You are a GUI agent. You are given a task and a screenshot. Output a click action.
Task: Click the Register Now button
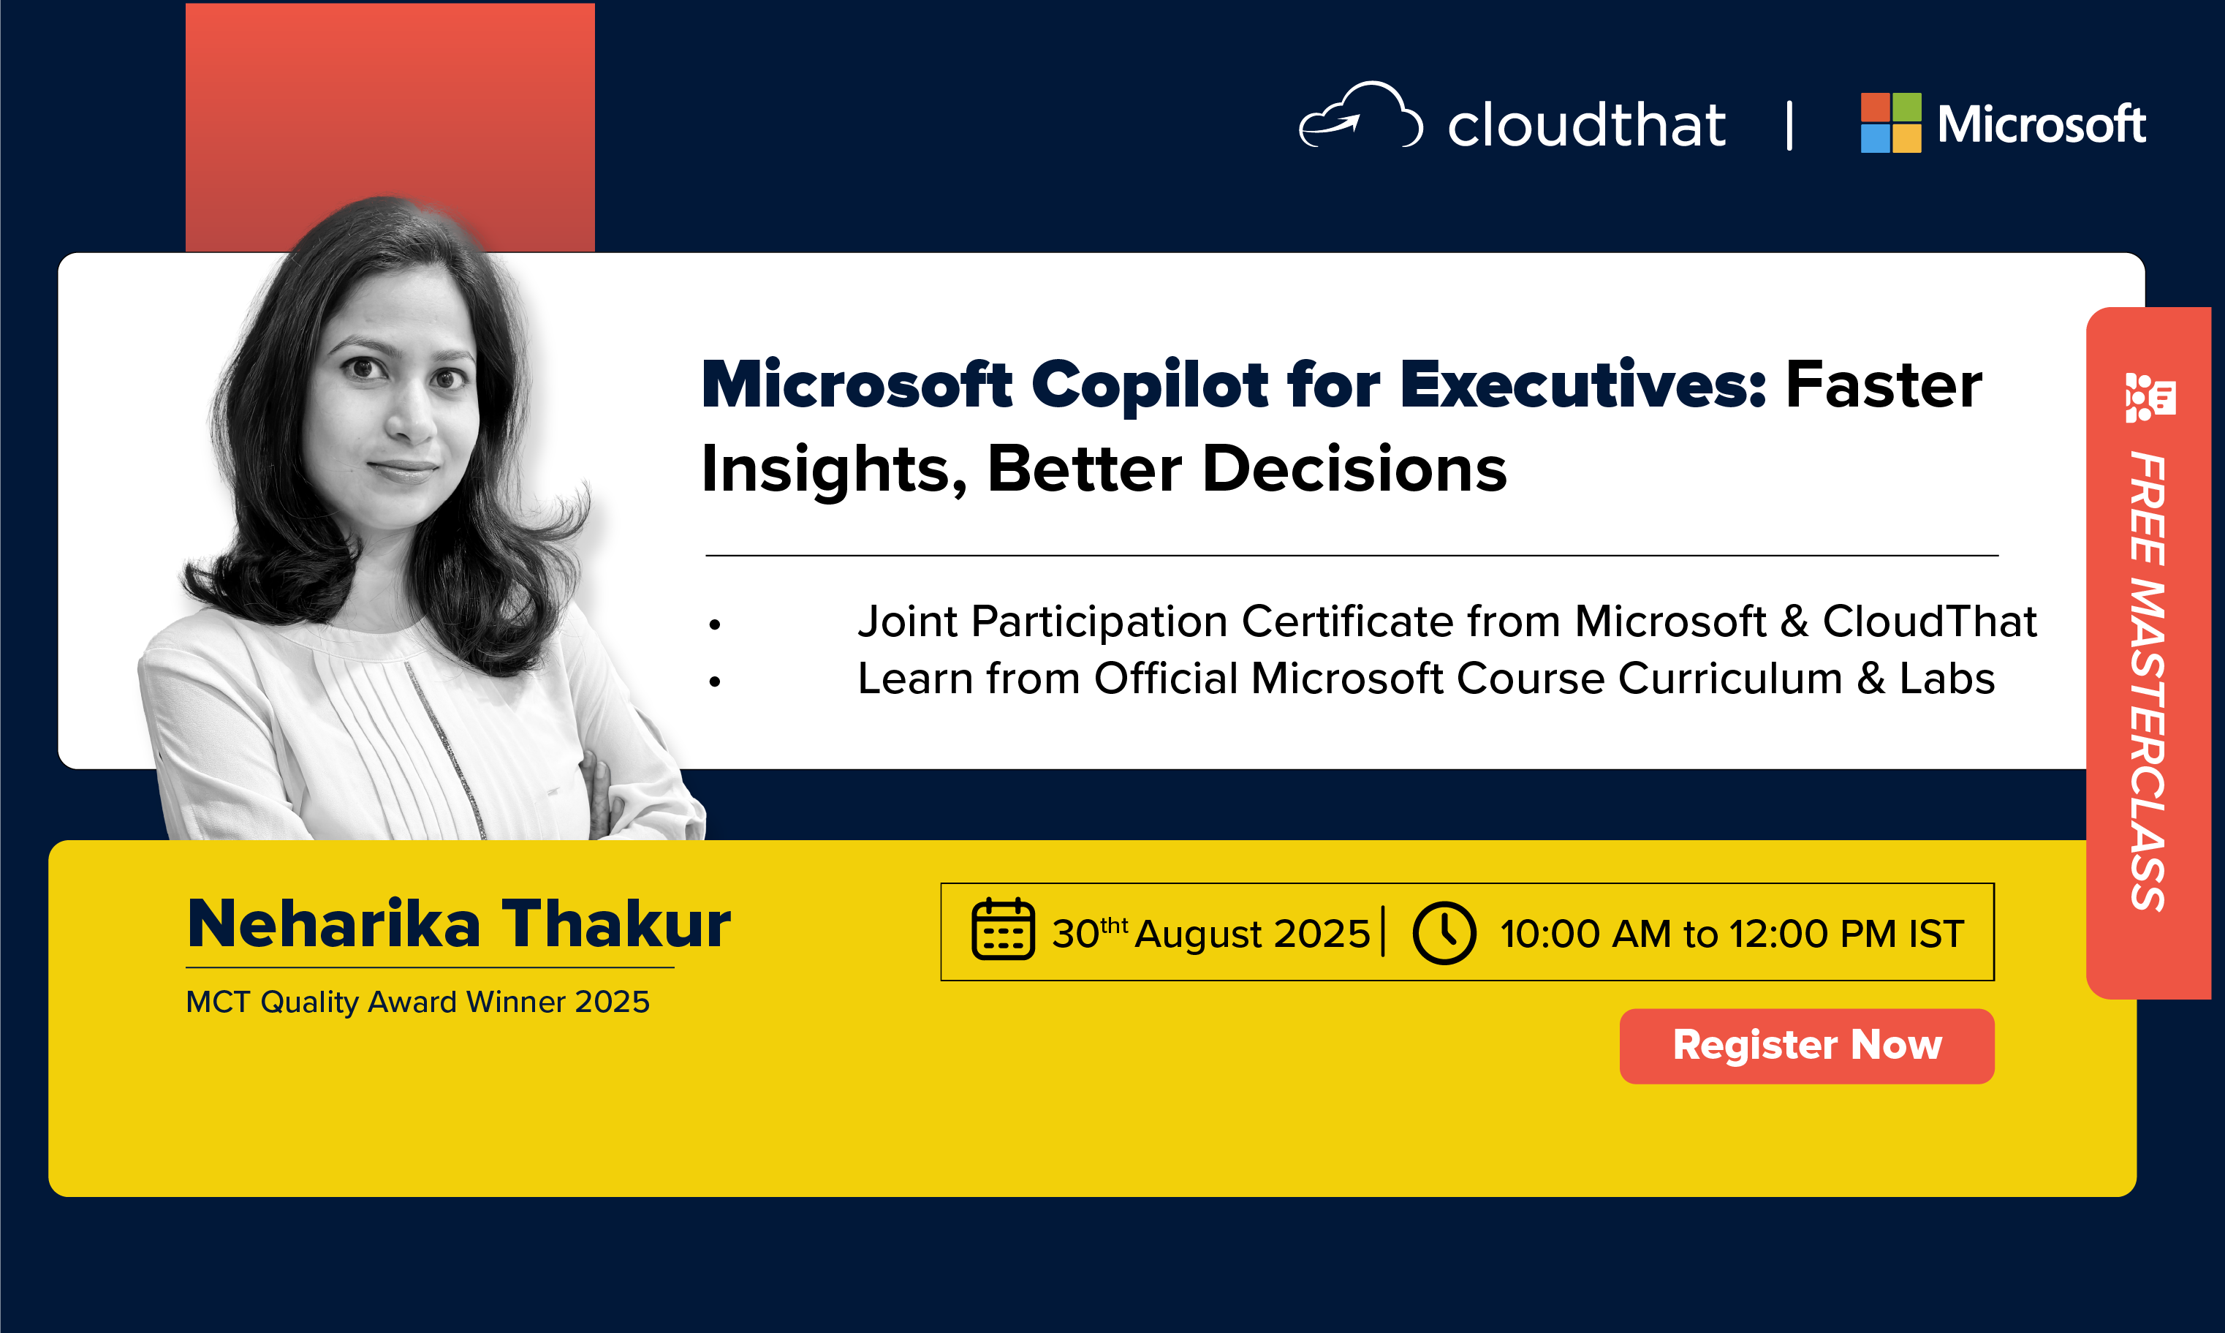(1807, 1046)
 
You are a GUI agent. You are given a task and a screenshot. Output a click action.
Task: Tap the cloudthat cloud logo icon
(1361, 115)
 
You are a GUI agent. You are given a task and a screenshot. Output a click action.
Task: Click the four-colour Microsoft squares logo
(1891, 123)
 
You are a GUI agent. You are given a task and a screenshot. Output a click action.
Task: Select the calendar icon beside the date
(1003, 929)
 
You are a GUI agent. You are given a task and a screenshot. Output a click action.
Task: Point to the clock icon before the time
(1444, 933)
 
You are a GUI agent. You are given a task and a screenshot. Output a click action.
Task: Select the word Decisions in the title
(1354, 469)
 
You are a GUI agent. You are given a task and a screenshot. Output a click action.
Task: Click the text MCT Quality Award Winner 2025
(417, 1002)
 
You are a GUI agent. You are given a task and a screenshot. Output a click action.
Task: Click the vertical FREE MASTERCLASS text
(2148, 681)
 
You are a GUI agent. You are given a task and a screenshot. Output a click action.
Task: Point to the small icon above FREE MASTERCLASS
(2150, 397)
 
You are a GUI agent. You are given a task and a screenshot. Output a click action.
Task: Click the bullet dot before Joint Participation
(715, 624)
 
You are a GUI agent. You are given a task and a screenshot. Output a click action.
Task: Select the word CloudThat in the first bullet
(1930, 622)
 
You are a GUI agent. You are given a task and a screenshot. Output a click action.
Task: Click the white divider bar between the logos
(1789, 124)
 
